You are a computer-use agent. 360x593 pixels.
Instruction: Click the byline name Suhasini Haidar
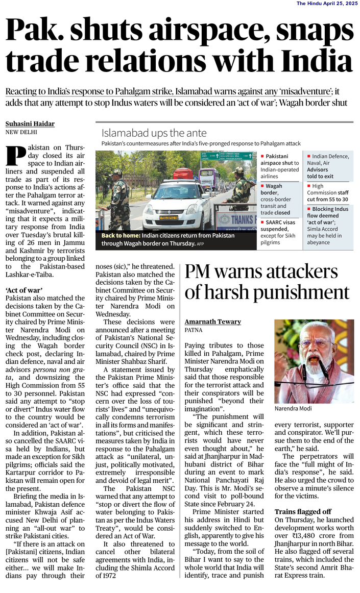tap(30, 124)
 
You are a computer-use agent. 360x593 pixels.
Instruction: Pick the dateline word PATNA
tap(194, 330)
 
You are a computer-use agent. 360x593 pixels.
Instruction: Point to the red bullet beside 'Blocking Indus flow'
tap(309, 209)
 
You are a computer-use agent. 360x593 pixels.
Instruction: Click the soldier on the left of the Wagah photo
tap(118, 196)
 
